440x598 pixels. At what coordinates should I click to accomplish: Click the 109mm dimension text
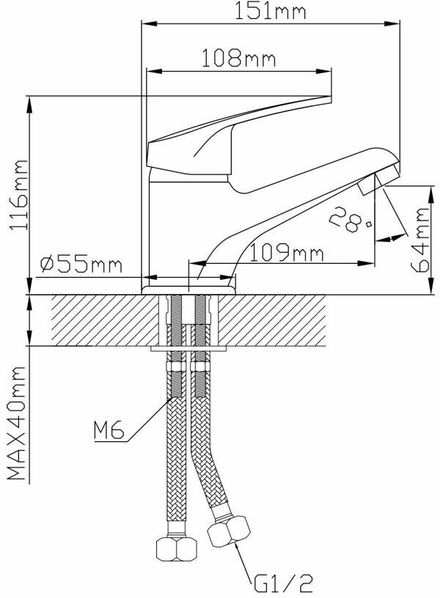pos(285,253)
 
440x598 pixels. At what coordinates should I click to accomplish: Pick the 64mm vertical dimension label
pos(422,240)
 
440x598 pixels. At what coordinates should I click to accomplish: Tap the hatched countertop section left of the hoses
pos(103,320)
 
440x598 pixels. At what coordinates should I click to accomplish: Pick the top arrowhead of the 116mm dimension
pos(31,103)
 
